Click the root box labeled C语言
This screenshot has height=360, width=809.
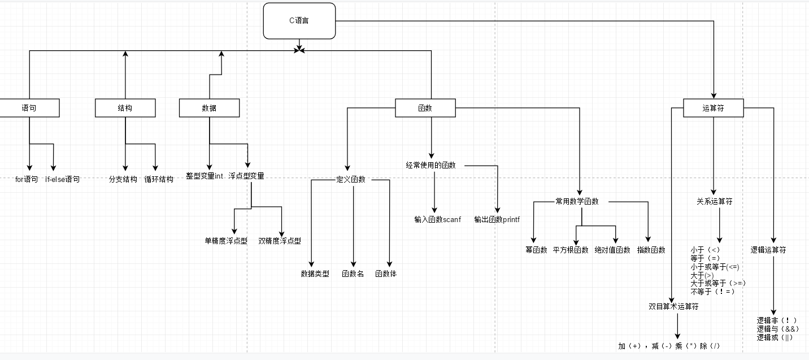point(299,21)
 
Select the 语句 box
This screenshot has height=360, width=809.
point(29,108)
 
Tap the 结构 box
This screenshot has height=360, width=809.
point(125,108)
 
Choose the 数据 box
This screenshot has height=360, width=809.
point(209,108)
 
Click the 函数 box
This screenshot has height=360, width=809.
point(425,108)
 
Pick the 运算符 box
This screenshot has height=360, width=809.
point(713,108)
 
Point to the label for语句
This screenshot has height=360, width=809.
point(27,180)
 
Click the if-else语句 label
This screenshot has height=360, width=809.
point(63,180)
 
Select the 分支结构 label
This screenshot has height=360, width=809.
point(123,180)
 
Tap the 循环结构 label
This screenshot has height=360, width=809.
point(159,180)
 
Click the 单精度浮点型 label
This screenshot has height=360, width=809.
point(226,241)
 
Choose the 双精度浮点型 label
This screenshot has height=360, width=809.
point(280,241)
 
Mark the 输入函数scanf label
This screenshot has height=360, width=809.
point(437,219)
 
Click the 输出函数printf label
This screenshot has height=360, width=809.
point(497,219)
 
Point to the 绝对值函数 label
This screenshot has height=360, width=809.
point(612,250)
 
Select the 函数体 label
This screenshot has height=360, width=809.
point(386,274)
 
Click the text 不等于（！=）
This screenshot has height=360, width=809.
point(713,292)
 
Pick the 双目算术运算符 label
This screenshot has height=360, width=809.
point(673,307)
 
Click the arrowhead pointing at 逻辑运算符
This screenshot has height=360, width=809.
point(773,240)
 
